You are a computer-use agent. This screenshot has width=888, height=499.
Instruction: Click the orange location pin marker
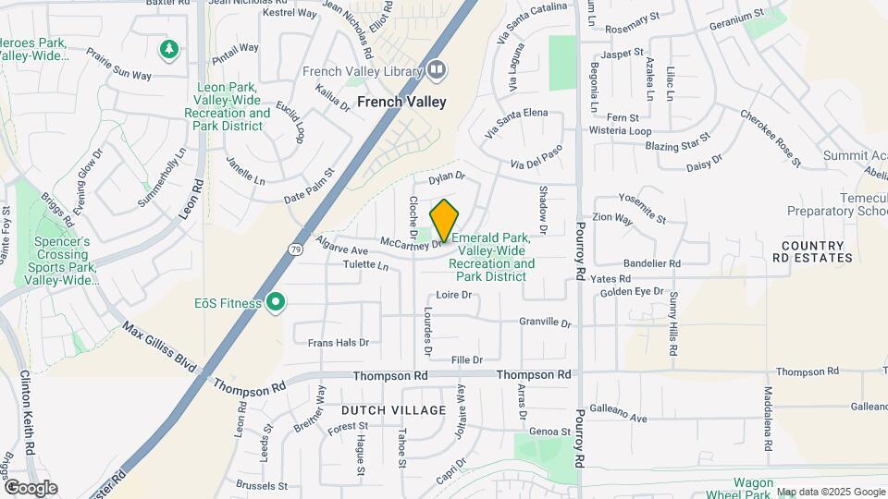click(x=444, y=220)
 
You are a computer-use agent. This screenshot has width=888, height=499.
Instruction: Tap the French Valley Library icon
click(x=437, y=71)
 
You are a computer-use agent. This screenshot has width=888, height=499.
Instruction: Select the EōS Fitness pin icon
click(x=275, y=302)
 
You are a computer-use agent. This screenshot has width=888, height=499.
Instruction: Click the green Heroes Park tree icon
click(x=168, y=48)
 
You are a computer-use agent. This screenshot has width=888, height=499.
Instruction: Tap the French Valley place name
click(x=401, y=102)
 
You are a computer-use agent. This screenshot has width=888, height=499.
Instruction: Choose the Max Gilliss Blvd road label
click(x=159, y=347)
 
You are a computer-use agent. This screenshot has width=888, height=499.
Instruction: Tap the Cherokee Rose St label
click(x=770, y=133)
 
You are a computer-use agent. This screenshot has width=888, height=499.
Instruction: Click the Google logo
click(x=31, y=488)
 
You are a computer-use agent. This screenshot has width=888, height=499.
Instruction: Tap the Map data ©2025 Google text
click(x=830, y=492)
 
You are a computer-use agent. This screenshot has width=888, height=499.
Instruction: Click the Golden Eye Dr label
click(x=632, y=291)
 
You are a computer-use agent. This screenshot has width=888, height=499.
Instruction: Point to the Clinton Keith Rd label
click(x=27, y=412)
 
